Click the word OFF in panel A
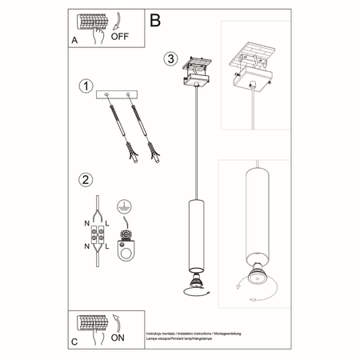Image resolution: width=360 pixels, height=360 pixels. (120, 36)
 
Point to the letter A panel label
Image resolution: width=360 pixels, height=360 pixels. (74, 38)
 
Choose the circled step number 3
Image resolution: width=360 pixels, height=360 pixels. (170, 58)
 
